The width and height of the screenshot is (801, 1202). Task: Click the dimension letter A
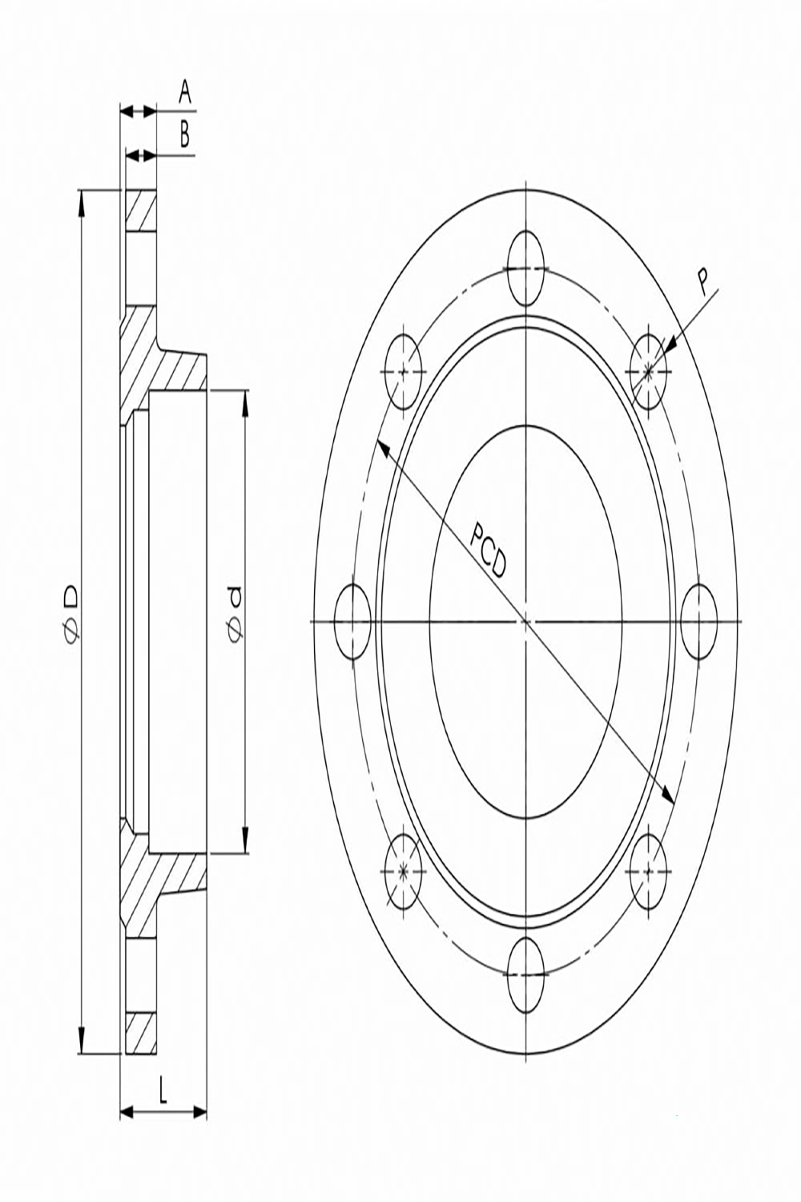click(184, 92)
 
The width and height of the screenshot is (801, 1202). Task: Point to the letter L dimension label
click(163, 1087)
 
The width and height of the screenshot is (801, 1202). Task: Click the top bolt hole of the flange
click(526, 268)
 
